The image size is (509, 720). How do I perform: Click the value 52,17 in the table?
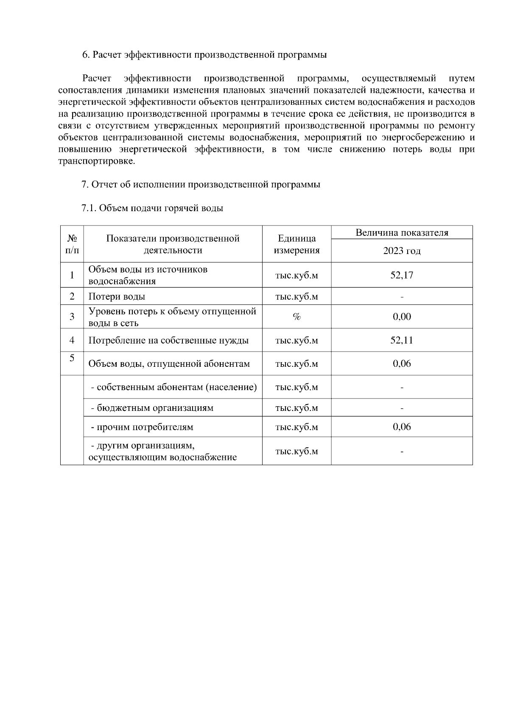pyautogui.click(x=401, y=275)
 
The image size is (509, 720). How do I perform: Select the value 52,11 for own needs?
pyautogui.click(x=401, y=340)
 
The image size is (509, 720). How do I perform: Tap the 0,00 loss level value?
pyautogui.click(x=401, y=317)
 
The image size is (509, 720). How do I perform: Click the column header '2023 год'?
pyautogui.click(x=401, y=251)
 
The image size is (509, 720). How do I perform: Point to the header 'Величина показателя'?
pyautogui.click(x=401, y=233)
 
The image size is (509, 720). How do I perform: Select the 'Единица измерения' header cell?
pyautogui.click(x=296, y=244)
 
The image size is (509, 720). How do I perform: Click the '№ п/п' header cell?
pyautogui.click(x=72, y=244)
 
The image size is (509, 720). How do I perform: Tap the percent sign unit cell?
pyautogui.click(x=296, y=317)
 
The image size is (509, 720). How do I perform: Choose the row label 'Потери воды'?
pyautogui.click(x=117, y=296)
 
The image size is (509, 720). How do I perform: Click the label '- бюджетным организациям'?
pyautogui.click(x=152, y=408)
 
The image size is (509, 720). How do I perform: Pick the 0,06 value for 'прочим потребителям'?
pyautogui.click(x=401, y=427)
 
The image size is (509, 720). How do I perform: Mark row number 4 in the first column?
pyautogui.click(x=72, y=340)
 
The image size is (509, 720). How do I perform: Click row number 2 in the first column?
pyautogui.click(x=72, y=296)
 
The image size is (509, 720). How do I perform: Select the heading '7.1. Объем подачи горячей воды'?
pyautogui.click(x=152, y=208)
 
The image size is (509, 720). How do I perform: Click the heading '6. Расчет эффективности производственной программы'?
pyautogui.click(x=204, y=55)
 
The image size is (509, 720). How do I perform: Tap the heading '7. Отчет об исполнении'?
pyautogui.click(x=201, y=184)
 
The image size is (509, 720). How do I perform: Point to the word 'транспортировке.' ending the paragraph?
pyautogui.click(x=97, y=162)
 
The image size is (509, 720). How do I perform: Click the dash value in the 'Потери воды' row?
pyautogui.click(x=401, y=297)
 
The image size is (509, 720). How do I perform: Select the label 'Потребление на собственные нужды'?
pyautogui.click(x=168, y=340)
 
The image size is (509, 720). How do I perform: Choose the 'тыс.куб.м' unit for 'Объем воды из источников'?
pyautogui.click(x=296, y=275)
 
